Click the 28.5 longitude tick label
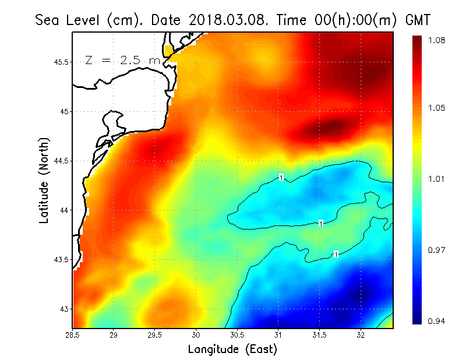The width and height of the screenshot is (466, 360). click(73, 335)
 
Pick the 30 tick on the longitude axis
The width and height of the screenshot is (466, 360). click(196, 335)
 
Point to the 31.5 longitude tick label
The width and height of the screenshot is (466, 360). click(320, 335)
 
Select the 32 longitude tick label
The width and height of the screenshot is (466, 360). click(361, 335)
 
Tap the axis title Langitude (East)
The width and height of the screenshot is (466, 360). click(232, 350)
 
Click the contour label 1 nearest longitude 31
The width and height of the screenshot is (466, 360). click(281, 177)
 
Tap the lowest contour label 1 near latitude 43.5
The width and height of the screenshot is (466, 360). click(336, 254)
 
